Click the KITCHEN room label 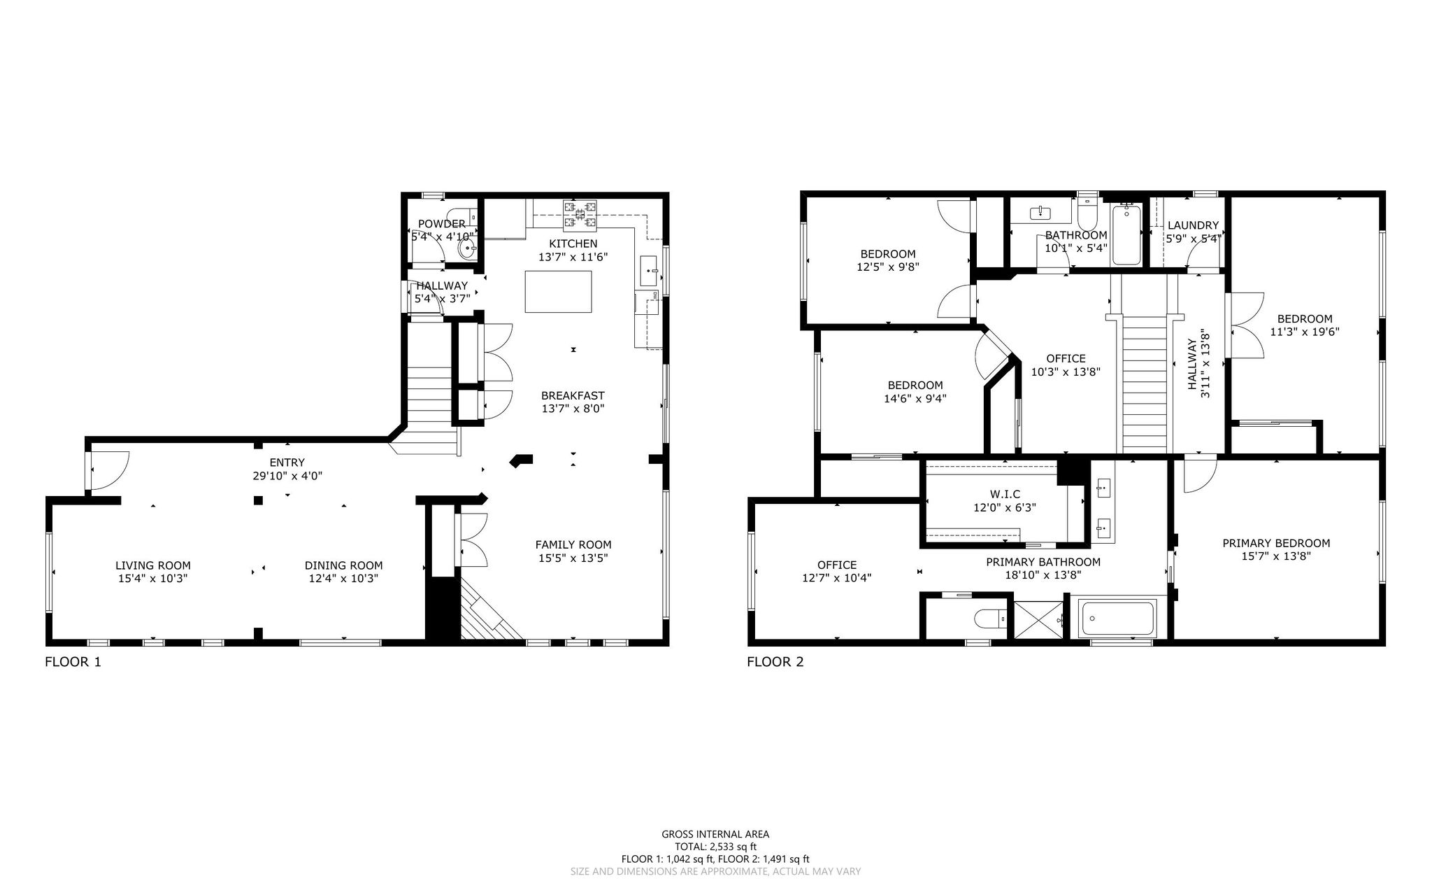(x=573, y=244)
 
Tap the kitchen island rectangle (x=558, y=292)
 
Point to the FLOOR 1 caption (x=73, y=661)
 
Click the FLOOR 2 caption (x=775, y=661)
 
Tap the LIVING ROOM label (x=153, y=565)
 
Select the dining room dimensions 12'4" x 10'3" (x=344, y=579)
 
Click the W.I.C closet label (x=1005, y=494)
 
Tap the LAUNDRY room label (x=1193, y=225)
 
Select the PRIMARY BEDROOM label (x=1276, y=543)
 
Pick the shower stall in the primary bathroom (x=1039, y=619)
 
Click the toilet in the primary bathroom (x=990, y=619)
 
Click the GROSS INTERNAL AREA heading (x=715, y=834)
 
